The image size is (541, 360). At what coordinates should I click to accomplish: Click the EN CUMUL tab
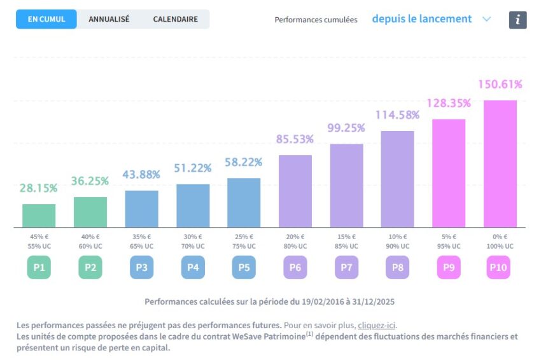coord(46,19)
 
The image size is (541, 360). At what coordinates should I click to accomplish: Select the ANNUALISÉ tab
coord(109,19)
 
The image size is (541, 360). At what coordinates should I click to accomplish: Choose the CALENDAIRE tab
coord(176,19)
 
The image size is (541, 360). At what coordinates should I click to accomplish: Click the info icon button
coord(517,20)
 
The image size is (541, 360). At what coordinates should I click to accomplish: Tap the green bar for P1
coord(39,216)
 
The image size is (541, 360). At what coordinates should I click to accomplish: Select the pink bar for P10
coord(500,163)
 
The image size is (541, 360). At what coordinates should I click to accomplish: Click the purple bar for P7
coord(346,185)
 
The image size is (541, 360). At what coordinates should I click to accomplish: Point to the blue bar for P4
coord(193,205)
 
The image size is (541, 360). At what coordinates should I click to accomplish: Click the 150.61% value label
coord(500,85)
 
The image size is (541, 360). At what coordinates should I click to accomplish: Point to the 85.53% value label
coord(295,139)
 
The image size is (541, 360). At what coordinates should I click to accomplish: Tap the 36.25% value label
coord(90,181)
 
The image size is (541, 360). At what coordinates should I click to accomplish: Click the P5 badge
coord(244,268)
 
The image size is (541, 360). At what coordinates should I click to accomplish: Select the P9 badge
coord(449,268)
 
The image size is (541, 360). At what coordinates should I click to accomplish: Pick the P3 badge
coord(141,268)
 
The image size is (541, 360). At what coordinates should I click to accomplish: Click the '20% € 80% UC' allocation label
coord(295,241)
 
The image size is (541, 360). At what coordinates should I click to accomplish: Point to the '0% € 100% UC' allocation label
coord(500,241)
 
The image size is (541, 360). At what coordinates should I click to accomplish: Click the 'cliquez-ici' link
coord(377,326)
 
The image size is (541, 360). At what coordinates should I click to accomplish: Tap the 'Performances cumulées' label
coord(316,20)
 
